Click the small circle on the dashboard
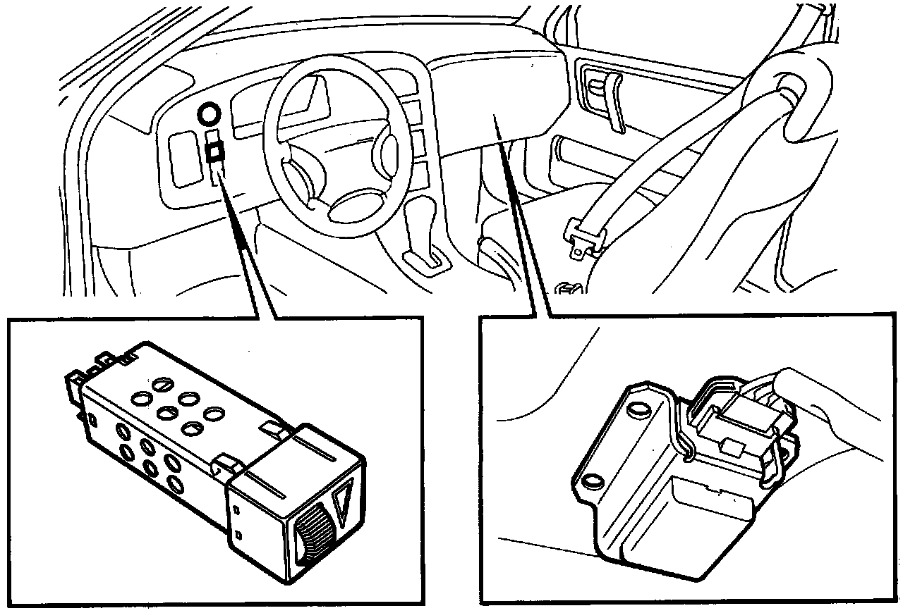(x=208, y=113)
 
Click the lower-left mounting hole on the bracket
(x=593, y=481)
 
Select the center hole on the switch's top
(x=167, y=413)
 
